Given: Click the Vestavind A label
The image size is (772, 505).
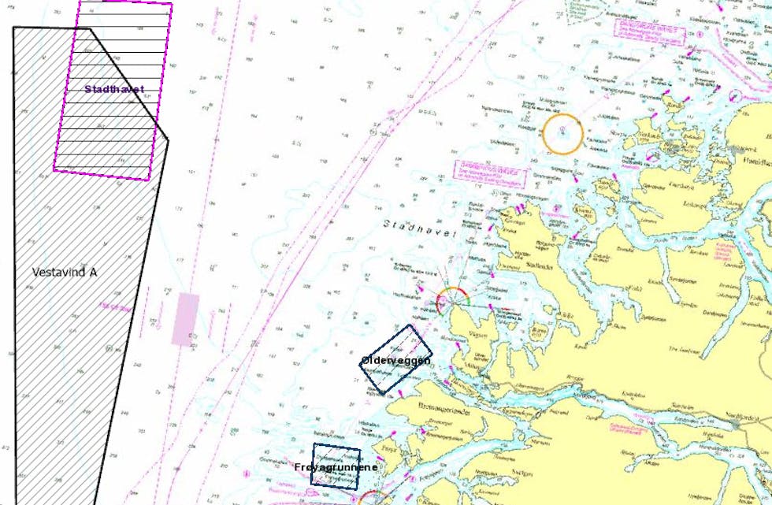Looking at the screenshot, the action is pyautogui.click(x=65, y=272).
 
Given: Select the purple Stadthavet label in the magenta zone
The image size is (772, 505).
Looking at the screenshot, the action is pyautogui.click(x=114, y=89).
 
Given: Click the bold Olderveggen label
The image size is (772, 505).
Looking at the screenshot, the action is pyautogui.click(x=395, y=360).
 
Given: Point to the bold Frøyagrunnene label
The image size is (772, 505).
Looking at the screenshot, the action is pyautogui.click(x=336, y=467).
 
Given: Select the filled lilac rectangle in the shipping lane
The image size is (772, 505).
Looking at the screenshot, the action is pyautogui.click(x=186, y=318).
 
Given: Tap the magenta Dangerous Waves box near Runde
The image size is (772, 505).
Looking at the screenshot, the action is pyautogui.click(x=648, y=34).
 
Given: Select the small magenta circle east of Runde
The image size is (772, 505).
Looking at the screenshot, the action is pyautogui.click(x=734, y=95).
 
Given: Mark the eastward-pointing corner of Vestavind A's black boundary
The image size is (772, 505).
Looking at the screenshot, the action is pyautogui.click(x=168, y=140).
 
